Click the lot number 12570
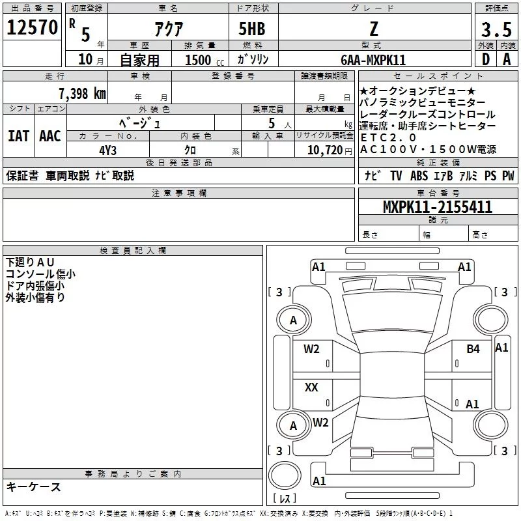32,27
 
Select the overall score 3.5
496,29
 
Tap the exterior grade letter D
485,59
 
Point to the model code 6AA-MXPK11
373,60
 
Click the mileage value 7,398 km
82,94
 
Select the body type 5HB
252,29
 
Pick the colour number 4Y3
107,150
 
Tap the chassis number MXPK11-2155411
437,207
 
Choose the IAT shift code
18,136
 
